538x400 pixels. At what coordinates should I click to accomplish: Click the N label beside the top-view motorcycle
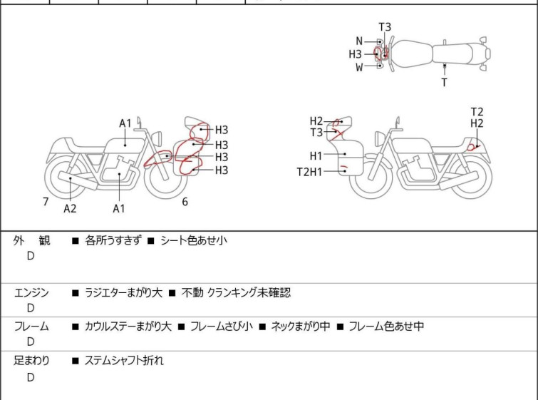pyautogui.click(x=360, y=41)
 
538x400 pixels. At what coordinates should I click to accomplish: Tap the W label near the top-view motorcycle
pyautogui.click(x=360, y=68)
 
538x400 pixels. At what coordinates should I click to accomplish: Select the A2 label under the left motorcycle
pyautogui.click(x=70, y=208)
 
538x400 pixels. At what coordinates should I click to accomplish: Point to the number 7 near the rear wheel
pyautogui.click(x=46, y=202)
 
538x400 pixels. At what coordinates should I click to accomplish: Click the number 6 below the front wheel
pyautogui.click(x=185, y=202)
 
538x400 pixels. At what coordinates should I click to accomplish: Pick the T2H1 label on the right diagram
pyautogui.click(x=310, y=171)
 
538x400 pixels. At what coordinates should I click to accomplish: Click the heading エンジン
pyautogui.click(x=32, y=292)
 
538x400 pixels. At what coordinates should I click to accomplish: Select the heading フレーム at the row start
pyautogui.click(x=32, y=327)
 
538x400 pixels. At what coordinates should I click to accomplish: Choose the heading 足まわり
pyautogui.click(x=32, y=361)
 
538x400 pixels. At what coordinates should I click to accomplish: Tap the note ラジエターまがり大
pyautogui.click(x=123, y=292)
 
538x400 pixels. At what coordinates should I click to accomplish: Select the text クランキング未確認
pyautogui.click(x=249, y=292)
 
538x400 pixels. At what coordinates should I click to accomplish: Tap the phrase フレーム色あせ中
pyautogui.click(x=386, y=327)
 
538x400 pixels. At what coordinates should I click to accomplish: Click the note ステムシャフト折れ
pyautogui.click(x=124, y=361)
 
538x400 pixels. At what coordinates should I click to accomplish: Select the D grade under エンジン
pyautogui.click(x=31, y=308)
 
